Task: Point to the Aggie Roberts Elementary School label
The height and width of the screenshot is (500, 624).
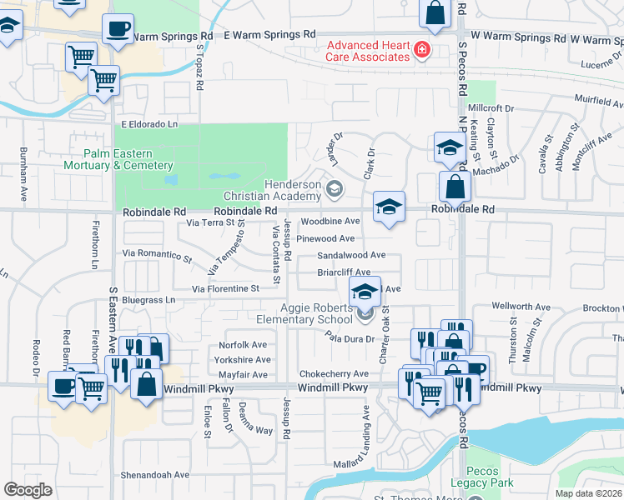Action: pyautogui.click(x=316, y=313)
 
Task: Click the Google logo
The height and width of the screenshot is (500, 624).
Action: pyautogui.click(x=28, y=490)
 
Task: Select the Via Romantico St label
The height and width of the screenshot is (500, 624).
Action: pyautogui.click(x=158, y=252)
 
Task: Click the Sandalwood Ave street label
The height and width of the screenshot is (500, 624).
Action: pyautogui.click(x=351, y=255)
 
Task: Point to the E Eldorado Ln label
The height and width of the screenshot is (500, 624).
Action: pyautogui.click(x=150, y=124)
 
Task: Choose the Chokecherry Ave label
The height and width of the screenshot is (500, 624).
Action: pyautogui.click(x=334, y=374)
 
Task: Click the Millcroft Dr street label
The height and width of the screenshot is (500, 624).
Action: pyautogui.click(x=492, y=108)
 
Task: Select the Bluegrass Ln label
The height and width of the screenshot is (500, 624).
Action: pyautogui.click(x=148, y=299)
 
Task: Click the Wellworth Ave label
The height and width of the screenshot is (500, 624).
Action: pyautogui.click(x=521, y=307)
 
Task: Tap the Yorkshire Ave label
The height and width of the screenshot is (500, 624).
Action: pyautogui.click(x=243, y=360)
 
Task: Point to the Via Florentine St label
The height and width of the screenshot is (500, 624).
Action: pyautogui.click(x=225, y=288)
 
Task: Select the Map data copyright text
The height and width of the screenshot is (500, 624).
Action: pyautogui.click(x=588, y=493)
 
